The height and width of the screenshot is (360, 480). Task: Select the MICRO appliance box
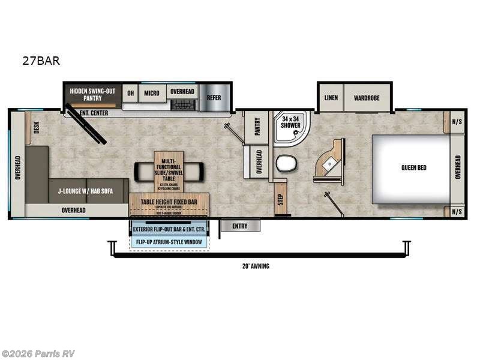pos(151,92)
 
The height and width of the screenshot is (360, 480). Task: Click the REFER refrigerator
pos(214,98)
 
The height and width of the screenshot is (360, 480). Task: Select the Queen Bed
pos(413,168)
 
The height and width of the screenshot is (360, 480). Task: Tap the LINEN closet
pos(331,97)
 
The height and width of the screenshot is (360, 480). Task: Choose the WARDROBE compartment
pos(367,97)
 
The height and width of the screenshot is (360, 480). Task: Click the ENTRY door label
pos(240,226)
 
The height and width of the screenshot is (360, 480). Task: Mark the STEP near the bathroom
pos(280,200)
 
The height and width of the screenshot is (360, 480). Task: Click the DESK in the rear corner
pos(36,127)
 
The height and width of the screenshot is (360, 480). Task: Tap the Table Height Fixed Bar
pos(169,202)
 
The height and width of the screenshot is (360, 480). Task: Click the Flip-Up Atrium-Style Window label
pos(169,242)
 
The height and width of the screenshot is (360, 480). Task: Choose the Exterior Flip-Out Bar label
pos(169,230)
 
